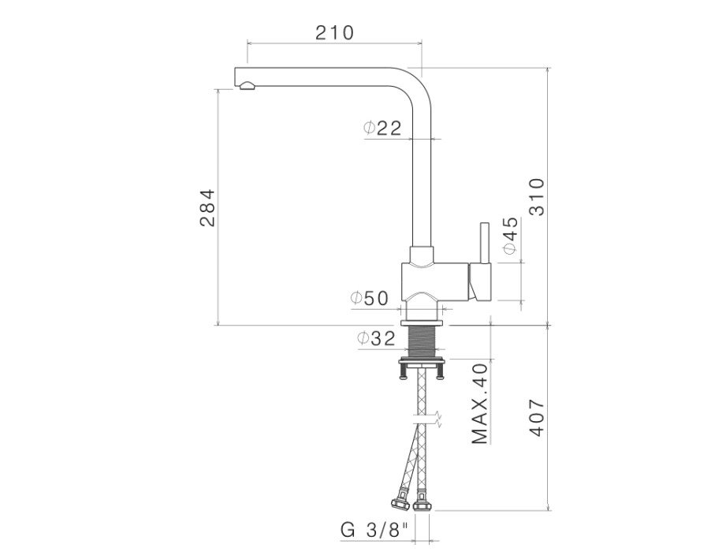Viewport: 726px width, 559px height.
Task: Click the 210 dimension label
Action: pyautogui.click(x=334, y=33)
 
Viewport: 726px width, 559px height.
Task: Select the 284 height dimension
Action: pyautogui.click(x=207, y=207)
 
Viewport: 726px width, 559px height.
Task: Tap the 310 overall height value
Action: pyautogui.click(x=537, y=196)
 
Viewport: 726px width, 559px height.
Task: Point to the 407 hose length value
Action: pyautogui.click(x=537, y=417)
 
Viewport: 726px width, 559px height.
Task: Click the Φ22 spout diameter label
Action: pyautogui.click(x=382, y=128)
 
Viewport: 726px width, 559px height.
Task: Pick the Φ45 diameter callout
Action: pyautogui.click(x=510, y=236)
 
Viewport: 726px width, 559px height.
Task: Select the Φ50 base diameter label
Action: pyautogui.click(x=369, y=299)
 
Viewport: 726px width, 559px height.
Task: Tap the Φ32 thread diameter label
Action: pyautogui.click(x=376, y=338)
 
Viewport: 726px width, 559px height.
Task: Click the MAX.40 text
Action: pyautogui.click(x=480, y=404)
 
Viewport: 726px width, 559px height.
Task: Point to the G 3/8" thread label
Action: pyautogui.click(x=374, y=530)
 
